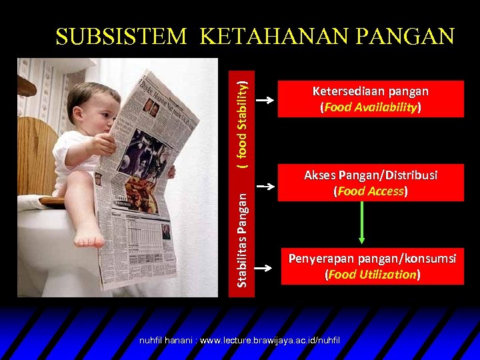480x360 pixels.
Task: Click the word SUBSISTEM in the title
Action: [x=121, y=36]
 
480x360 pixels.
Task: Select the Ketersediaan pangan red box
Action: [x=371, y=99]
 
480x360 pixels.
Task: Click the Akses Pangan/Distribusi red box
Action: [x=371, y=183]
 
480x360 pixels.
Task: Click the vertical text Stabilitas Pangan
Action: [x=244, y=237]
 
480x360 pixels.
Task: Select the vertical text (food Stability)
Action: [x=244, y=121]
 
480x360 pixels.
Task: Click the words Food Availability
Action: [x=371, y=107]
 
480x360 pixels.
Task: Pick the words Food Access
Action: [x=371, y=191]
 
